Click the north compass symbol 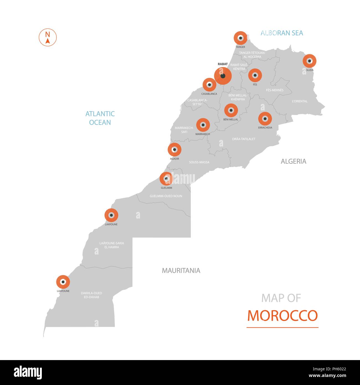(x=48, y=37)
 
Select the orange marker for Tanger (x=240, y=38)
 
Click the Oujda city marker (x=309, y=61)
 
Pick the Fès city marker (x=255, y=75)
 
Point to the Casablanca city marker (x=209, y=85)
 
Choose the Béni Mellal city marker (x=231, y=110)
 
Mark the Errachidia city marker (x=265, y=119)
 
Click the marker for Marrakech (x=203, y=125)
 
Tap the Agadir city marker (x=174, y=150)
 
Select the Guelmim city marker (x=166, y=179)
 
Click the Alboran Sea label (x=282, y=33)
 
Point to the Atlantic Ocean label (x=100, y=118)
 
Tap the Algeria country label (x=294, y=161)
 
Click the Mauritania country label (x=181, y=271)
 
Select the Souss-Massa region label (x=199, y=162)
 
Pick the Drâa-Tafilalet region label (x=244, y=139)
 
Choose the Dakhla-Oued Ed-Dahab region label (x=91, y=295)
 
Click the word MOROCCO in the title (x=282, y=315)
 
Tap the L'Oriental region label (x=300, y=101)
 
